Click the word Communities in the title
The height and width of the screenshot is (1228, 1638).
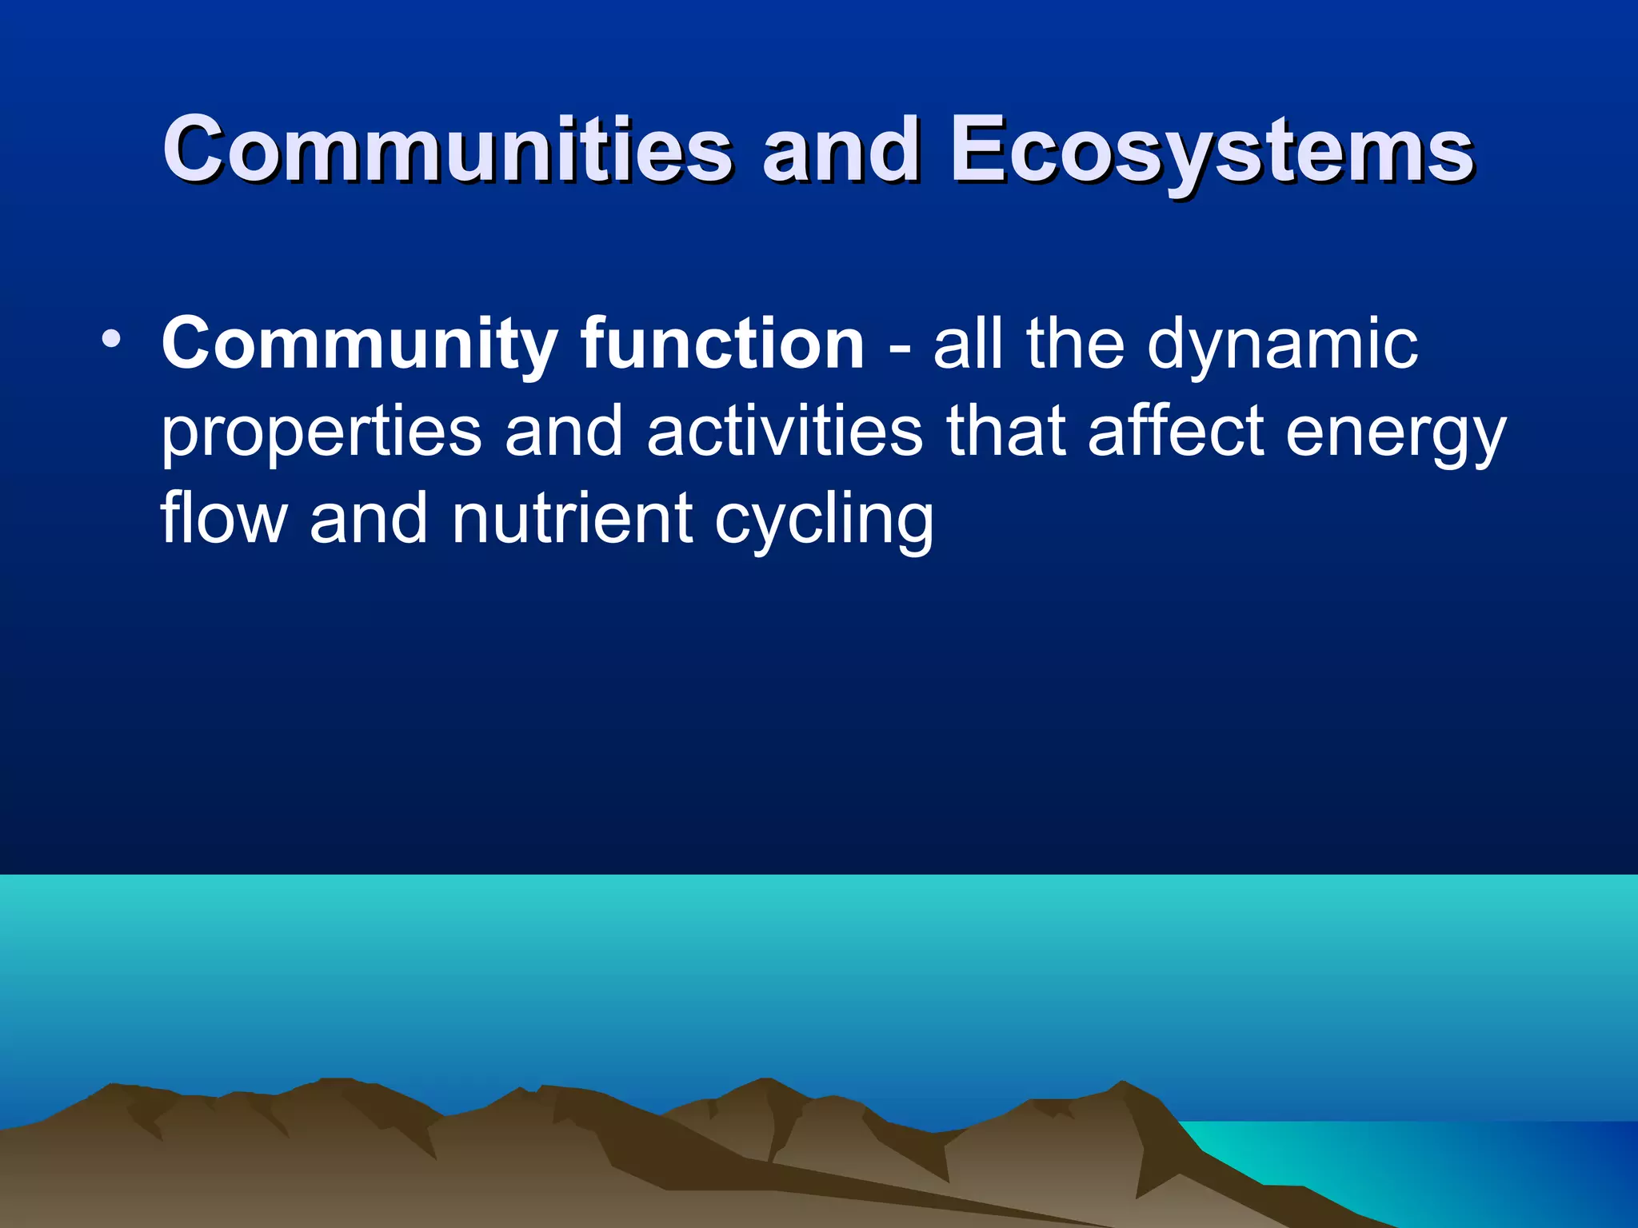point(448,150)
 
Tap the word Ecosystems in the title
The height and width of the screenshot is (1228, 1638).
point(1211,150)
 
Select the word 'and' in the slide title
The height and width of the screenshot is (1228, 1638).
point(841,150)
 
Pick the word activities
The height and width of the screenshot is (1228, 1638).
point(785,432)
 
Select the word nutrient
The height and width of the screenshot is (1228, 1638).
point(572,520)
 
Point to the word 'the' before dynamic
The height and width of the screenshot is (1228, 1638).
point(1075,344)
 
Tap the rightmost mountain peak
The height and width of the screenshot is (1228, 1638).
point(1123,1086)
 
